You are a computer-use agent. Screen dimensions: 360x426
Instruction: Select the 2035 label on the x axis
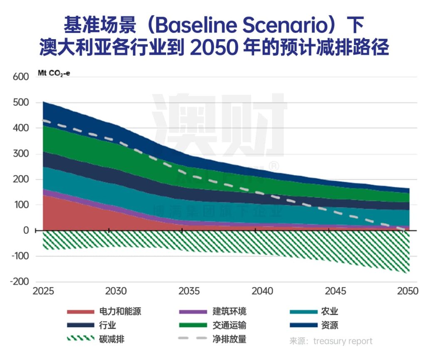(189, 291)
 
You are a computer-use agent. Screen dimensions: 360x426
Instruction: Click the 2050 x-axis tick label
(406, 291)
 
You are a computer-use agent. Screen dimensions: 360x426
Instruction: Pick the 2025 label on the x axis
(43, 291)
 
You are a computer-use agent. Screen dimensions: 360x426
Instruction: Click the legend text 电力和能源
(120, 312)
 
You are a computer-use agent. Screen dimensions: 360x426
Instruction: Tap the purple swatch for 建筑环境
(192, 312)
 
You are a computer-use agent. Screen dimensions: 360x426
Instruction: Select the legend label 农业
(329, 312)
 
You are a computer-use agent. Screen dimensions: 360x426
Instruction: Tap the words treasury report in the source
(343, 341)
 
